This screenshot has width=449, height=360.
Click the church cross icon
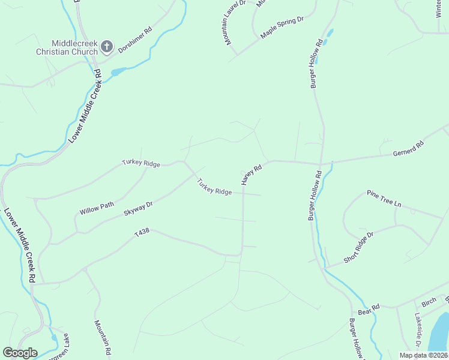106,46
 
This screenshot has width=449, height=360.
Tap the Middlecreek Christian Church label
74,47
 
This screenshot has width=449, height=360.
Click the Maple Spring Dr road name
282,28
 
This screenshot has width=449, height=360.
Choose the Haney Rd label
252,175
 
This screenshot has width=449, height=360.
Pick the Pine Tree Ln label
384,199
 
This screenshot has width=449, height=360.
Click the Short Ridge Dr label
358,247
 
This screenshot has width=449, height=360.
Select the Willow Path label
97,208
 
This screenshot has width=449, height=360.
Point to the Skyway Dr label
138,208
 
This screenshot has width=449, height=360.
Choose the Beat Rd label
369,309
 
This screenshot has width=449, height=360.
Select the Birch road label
429,303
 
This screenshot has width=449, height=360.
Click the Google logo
20,353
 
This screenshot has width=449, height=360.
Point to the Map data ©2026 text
423,355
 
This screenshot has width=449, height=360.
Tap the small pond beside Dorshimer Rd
118,72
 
